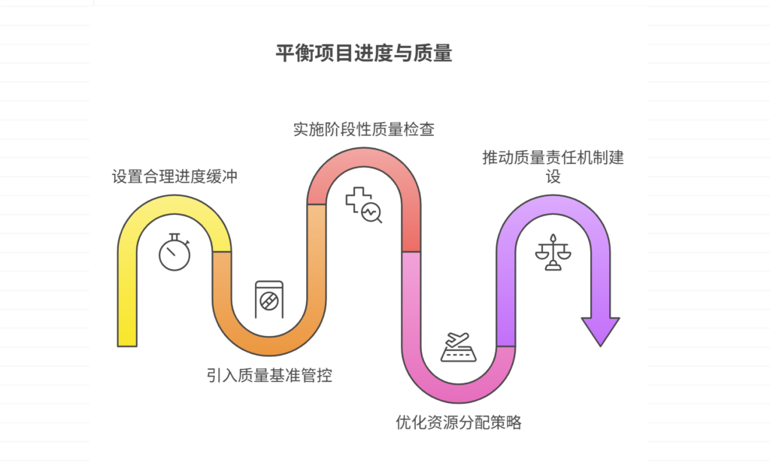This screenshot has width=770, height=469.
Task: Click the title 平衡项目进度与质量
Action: [x=364, y=54]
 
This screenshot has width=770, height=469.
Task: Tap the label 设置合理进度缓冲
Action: [x=174, y=177]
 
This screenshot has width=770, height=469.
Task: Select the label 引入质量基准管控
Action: [x=269, y=375]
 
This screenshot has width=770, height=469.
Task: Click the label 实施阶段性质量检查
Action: [x=363, y=129]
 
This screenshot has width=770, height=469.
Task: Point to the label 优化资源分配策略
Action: [x=459, y=422]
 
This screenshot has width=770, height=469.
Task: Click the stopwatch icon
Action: [x=174, y=253]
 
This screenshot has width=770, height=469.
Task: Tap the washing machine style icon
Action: [x=268, y=300]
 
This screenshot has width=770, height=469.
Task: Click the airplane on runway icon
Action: [x=459, y=347]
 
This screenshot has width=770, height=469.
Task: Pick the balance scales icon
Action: [x=553, y=253]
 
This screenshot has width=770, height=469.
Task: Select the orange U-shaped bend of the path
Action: [x=269, y=341]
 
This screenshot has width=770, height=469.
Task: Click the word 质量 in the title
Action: [x=432, y=54]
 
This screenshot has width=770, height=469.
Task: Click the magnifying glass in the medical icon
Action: [x=371, y=213]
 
